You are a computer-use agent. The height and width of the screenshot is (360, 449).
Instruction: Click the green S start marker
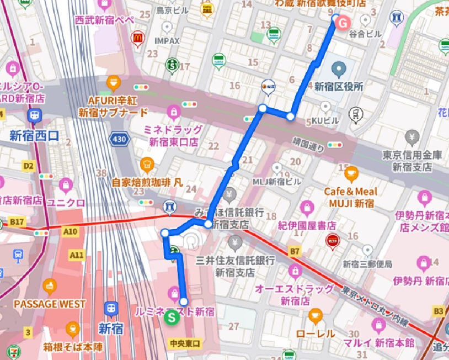point(172,317)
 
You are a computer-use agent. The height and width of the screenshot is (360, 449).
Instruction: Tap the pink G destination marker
point(343,23)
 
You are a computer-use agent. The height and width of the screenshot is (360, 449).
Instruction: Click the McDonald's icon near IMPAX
point(138,38)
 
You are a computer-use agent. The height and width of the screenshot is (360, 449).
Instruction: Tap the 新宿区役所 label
point(338,86)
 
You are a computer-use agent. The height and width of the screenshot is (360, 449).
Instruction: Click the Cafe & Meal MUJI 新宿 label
point(351,198)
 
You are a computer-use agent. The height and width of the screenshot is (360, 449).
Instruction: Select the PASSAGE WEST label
point(50,304)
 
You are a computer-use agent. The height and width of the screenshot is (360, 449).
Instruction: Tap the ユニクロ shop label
point(66,203)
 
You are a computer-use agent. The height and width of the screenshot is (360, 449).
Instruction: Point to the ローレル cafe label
point(316,333)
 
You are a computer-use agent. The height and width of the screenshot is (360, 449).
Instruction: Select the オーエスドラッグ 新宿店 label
point(294,295)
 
